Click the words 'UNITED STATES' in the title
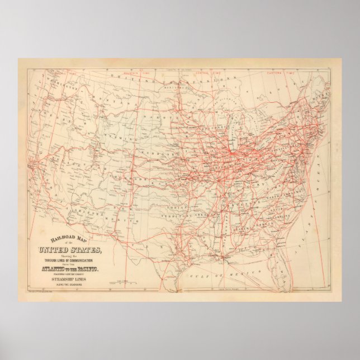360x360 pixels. [x=69, y=249]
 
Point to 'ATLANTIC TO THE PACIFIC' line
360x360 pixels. [x=69, y=270]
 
